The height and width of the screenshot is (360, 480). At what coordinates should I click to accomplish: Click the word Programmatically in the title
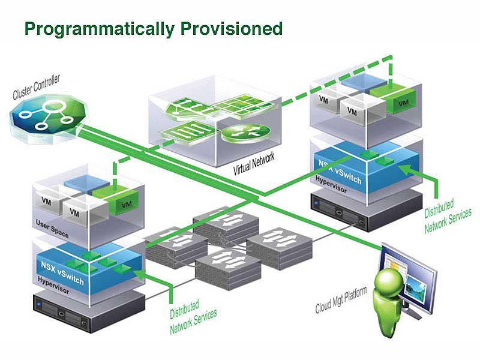100,29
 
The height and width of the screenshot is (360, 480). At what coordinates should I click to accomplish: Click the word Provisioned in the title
232,28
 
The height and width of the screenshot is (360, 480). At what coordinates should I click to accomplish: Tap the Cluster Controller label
36,87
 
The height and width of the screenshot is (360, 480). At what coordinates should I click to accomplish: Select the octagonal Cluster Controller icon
48,117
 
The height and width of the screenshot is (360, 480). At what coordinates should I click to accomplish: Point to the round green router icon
246,133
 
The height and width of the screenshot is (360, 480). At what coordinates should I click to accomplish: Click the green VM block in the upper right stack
397,97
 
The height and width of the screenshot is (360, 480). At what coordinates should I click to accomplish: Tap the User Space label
52,229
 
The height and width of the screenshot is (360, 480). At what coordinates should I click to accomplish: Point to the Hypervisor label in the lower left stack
53,285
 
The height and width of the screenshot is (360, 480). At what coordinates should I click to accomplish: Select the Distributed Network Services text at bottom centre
193,317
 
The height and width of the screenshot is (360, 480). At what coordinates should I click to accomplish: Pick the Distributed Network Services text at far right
448,216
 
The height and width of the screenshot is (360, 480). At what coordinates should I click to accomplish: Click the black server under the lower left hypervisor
89,312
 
